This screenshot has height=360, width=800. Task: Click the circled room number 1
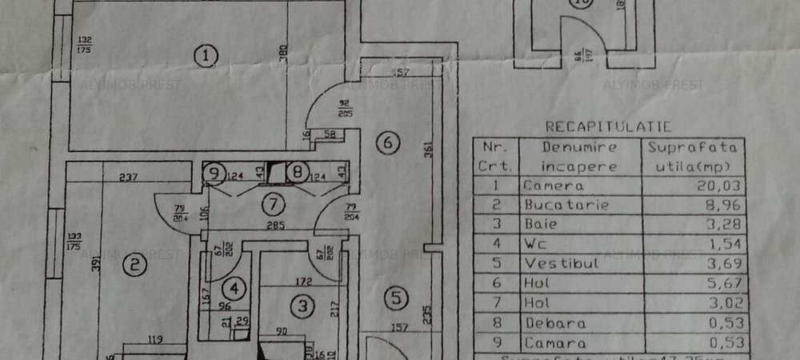pyautogui.click(x=206, y=56)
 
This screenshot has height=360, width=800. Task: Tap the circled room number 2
pyautogui.click(x=136, y=263)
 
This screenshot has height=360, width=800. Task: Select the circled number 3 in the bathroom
pyautogui.click(x=302, y=305)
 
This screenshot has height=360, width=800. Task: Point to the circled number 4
pyautogui.click(x=234, y=287)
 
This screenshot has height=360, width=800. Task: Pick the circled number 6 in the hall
pyautogui.click(x=387, y=144)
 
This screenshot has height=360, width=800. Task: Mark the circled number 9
pyautogui.click(x=213, y=171)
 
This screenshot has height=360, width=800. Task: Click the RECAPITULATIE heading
pyautogui.click(x=608, y=126)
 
